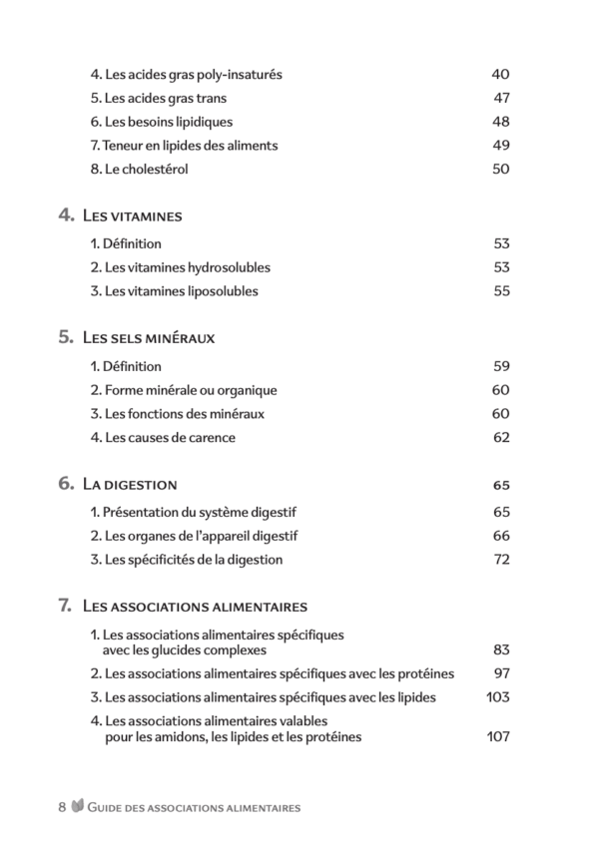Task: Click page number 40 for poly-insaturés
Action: click(x=500, y=75)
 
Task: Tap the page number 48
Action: click(x=500, y=122)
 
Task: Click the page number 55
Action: click(x=501, y=291)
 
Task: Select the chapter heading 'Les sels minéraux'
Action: click(x=149, y=338)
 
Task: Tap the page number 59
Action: click(x=501, y=366)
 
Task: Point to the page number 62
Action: click(x=501, y=437)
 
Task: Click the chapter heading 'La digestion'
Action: click(x=130, y=485)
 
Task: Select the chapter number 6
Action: click(x=65, y=484)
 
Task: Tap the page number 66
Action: click(x=501, y=536)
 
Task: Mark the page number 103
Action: click(x=498, y=697)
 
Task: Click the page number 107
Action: click(x=498, y=736)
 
